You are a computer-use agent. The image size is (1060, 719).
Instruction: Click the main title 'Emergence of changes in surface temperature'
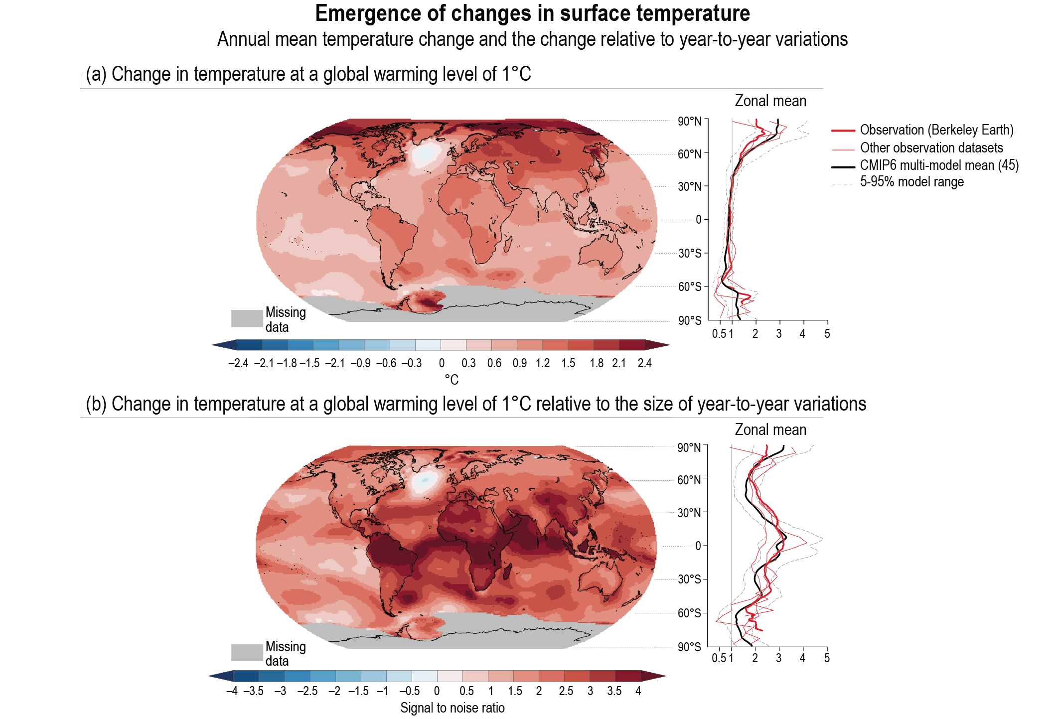(x=532, y=13)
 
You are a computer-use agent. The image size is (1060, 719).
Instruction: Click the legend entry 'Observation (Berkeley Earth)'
(x=936, y=130)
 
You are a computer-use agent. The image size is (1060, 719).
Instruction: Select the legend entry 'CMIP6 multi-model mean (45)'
(x=939, y=165)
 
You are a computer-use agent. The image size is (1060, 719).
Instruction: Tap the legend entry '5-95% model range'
(x=911, y=182)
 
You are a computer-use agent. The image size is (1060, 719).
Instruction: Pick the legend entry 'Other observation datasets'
(x=931, y=148)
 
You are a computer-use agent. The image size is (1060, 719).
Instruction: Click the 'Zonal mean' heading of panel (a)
(x=770, y=101)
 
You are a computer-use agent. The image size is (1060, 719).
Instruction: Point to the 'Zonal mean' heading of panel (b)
(x=770, y=430)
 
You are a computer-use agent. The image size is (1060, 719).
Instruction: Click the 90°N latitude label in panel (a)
(x=689, y=121)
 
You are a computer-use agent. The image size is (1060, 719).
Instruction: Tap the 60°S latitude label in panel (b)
(x=689, y=613)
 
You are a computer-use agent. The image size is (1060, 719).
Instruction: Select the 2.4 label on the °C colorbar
(x=644, y=363)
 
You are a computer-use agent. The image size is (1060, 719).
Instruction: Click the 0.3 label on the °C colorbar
(x=468, y=363)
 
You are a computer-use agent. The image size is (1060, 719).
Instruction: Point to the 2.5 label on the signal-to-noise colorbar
(x=566, y=691)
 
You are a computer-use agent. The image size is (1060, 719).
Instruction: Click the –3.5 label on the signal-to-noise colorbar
(x=254, y=691)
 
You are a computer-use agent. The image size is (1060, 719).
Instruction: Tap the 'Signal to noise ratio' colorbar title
(x=453, y=708)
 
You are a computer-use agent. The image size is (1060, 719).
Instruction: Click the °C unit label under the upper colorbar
(x=452, y=380)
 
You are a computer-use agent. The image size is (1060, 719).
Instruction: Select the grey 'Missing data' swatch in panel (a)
(x=247, y=318)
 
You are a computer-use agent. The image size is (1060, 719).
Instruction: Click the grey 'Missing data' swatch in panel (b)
(x=247, y=653)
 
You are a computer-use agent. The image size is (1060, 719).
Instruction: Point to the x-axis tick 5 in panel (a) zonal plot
(x=827, y=334)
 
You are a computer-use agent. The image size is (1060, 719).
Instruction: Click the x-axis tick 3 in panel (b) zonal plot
(x=779, y=658)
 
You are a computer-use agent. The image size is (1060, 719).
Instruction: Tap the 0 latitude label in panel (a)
(x=699, y=220)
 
